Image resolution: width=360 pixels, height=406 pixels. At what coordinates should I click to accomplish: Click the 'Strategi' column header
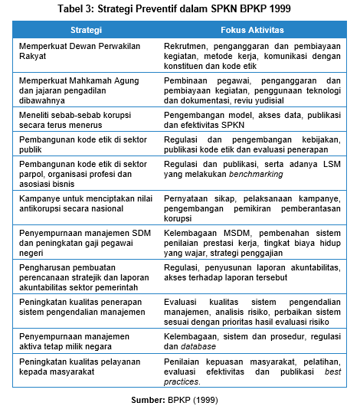(86, 30)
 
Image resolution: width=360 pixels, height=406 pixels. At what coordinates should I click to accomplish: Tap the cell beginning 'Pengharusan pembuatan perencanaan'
(82, 273)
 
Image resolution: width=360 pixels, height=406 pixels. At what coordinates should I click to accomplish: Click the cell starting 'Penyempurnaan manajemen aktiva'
(74, 339)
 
